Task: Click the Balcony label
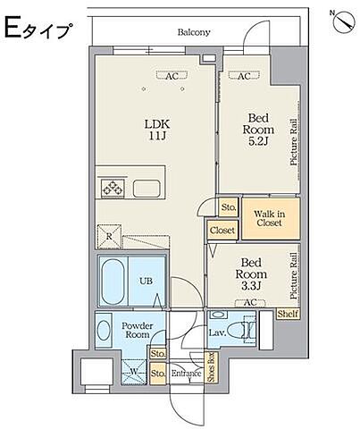click(x=194, y=32)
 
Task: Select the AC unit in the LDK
click(x=172, y=76)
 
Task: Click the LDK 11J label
click(x=157, y=130)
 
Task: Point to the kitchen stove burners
click(x=113, y=189)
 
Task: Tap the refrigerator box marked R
click(x=109, y=237)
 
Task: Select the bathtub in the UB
click(x=113, y=282)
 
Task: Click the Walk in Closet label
click(x=269, y=218)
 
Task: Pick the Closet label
click(x=222, y=231)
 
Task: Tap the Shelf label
click(x=288, y=314)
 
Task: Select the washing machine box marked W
click(x=134, y=372)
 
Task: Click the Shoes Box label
click(x=212, y=367)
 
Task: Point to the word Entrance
click(x=187, y=374)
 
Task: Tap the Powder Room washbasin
click(x=104, y=331)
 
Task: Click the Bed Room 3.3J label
click(x=251, y=274)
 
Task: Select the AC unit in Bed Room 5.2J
click(x=244, y=76)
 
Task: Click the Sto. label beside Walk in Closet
click(x=229, y=206)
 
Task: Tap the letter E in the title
click(x=13, y=28)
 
